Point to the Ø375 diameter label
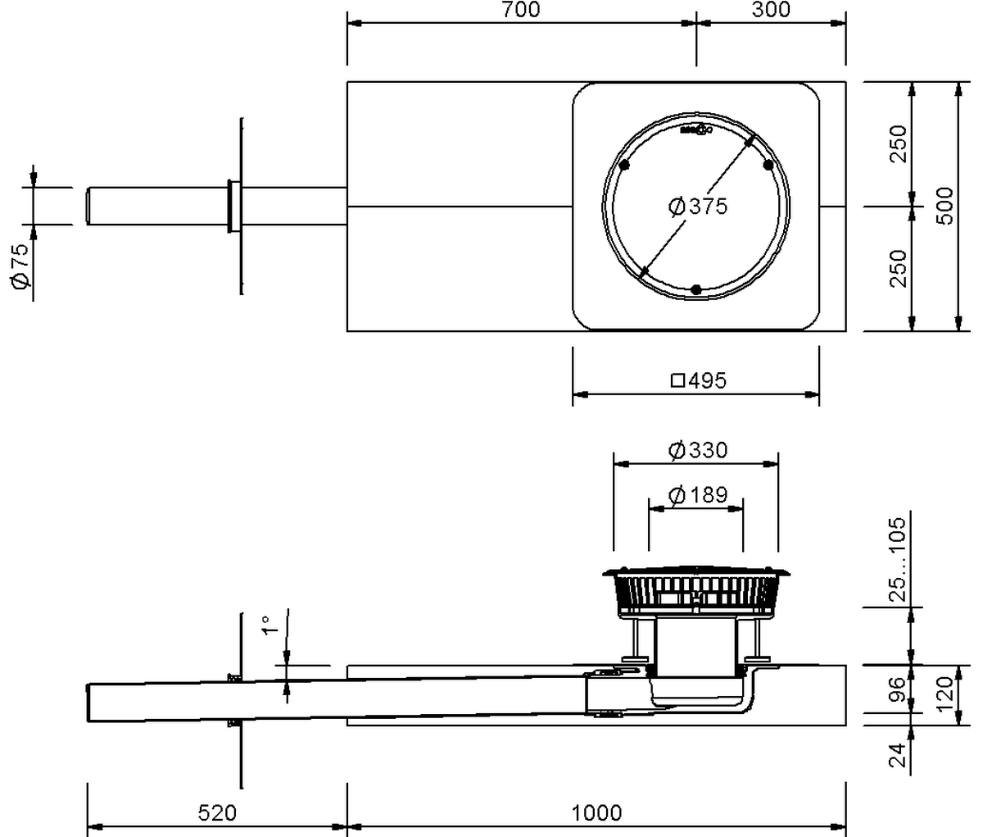click(x=698, y=207)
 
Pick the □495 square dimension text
click(x=699, y=380)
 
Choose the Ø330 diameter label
click(x=698, y=450)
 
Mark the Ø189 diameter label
click(x=698, y=495)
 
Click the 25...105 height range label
click(x=899, y=559)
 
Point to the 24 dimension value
click(x=899, y=753)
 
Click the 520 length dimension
click(x=218, y=813)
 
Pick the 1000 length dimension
click(x=596, y=813)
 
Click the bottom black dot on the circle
click(x=696, y=289)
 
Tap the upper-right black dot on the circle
click(x=768, y=165)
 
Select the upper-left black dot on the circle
click(x=625, y=165)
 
